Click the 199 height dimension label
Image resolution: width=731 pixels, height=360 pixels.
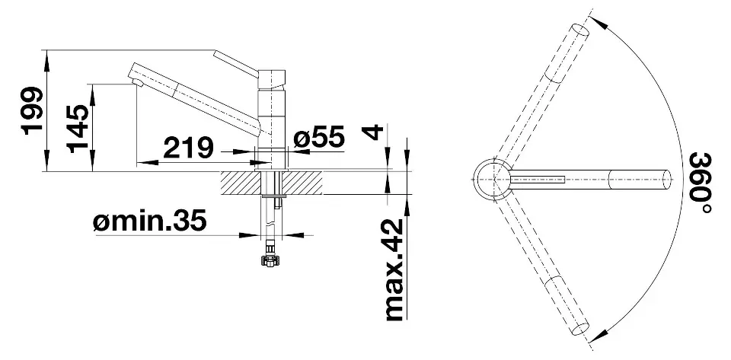click(33, 110)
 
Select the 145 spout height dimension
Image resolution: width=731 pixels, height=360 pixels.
click(78, 129)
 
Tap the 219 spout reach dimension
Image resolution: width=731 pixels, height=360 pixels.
click(188, 148)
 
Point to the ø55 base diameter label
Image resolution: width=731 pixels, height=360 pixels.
click(319, 136)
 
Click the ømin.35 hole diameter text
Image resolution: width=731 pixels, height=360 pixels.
click(150, 221)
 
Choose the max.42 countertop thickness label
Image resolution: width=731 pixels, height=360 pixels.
click(393, 270)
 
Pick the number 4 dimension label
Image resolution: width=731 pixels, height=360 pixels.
click(373, 132)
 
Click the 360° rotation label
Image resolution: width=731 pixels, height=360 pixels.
click(700, 183)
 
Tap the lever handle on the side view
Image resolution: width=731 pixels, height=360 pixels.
click(235, 64)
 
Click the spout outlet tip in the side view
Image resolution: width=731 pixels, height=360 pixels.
click(138, 83)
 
